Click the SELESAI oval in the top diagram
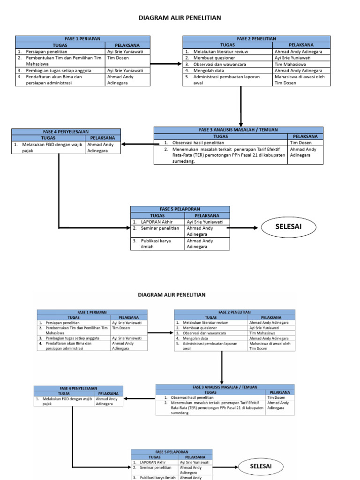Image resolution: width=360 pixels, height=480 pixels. [288, 227]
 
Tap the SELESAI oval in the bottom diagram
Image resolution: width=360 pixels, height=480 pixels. [261, 466]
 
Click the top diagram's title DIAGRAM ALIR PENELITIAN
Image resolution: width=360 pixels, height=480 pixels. [180, 18]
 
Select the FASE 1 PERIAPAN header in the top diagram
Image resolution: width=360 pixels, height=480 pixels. [83, 38]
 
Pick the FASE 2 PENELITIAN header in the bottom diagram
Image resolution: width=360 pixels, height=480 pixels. [234, 312]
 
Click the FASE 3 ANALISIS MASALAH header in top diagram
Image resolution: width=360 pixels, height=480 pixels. [238, 130]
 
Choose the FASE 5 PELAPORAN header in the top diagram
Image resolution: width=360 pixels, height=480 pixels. [180, 209]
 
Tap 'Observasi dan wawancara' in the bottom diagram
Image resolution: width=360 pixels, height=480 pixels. [204, 333]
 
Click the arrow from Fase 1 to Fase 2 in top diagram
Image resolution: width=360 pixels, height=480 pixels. [166, 64]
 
